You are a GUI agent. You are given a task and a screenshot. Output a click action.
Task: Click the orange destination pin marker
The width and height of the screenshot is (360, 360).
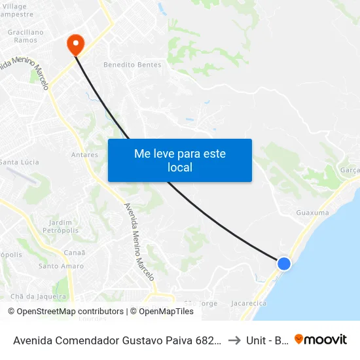point(76,44)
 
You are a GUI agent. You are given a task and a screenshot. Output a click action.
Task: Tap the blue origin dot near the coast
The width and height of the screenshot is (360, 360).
point(283,263)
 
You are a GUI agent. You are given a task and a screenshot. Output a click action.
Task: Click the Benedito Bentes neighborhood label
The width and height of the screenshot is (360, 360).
point(132,65)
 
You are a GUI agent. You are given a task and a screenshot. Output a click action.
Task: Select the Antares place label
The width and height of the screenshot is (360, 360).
point(84,155)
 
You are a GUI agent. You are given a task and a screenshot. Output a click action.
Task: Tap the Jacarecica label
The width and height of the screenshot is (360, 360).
point(249,304)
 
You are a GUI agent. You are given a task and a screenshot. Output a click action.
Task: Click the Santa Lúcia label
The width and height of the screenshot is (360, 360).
point(19,162)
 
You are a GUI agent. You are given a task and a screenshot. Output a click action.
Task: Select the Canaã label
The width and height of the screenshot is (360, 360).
point(75,253)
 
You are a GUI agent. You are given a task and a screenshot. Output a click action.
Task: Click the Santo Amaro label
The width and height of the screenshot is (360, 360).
point(61,266)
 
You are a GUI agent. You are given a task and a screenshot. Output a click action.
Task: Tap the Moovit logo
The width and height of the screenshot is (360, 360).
point(321,340)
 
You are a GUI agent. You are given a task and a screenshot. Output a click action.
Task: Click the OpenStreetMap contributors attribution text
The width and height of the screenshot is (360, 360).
point(69,312)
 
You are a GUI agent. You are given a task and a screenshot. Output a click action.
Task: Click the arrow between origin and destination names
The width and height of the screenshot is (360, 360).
point(233,340)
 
